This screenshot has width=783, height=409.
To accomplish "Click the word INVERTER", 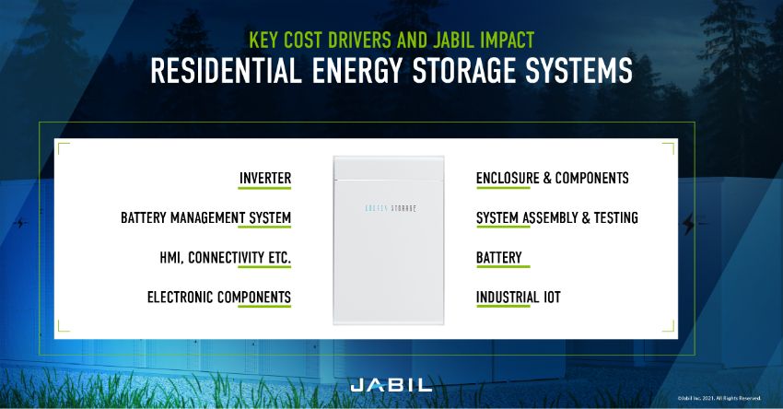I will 264,178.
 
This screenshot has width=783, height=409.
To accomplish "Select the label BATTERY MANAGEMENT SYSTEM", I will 205,218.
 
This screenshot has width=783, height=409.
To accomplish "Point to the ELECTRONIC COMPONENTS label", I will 219,298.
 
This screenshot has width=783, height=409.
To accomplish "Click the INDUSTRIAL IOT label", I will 518,298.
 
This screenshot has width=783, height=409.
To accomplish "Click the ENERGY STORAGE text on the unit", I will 385,209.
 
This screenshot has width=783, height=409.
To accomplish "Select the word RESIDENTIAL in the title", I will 227,72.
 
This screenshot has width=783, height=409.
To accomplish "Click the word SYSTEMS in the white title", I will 578,72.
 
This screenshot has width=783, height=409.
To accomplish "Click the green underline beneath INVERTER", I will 264,189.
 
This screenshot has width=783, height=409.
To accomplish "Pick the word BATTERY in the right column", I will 499,258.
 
